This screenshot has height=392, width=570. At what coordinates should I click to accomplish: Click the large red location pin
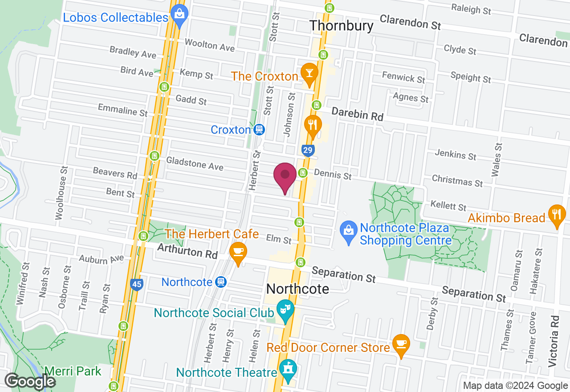285,177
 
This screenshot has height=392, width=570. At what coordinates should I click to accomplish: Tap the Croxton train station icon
258,130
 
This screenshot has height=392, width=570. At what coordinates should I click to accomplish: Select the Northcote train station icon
220,282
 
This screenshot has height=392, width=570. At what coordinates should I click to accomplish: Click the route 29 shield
307,150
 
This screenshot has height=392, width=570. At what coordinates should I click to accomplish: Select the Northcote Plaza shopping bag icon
348,230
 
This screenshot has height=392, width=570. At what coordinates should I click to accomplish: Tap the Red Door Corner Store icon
401,344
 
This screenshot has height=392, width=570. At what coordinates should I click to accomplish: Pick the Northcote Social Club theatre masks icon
284,309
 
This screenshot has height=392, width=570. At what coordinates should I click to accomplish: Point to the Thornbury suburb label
341,26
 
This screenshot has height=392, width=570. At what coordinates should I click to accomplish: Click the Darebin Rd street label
357,114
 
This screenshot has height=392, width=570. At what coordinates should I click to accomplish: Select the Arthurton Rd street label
187,252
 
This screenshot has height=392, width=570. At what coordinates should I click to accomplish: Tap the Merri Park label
73,371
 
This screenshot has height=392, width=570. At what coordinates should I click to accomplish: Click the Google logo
30,381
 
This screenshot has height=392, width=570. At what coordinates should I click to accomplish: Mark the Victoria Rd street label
554,341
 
